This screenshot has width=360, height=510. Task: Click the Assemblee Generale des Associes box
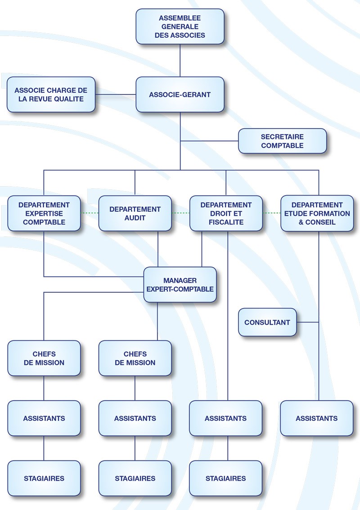180,27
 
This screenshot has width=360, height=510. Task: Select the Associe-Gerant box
180,94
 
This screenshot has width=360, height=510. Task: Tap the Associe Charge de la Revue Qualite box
51,94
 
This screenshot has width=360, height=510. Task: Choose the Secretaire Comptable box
282,141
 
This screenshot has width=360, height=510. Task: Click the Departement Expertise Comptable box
44,213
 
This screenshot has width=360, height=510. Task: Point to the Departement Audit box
135,213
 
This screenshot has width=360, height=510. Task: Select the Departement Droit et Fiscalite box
226,213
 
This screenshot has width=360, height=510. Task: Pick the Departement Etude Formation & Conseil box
317,213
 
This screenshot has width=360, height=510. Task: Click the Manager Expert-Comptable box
180,285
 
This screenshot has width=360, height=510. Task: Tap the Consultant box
267,322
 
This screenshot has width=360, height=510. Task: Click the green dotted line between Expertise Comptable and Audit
90,213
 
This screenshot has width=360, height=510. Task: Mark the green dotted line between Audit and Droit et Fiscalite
180,213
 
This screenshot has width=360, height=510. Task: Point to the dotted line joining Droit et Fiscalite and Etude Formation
271,213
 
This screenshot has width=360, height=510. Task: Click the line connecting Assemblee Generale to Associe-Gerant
180,60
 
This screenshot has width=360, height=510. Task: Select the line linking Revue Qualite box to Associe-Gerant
116,94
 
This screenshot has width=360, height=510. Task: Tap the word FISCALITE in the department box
226,222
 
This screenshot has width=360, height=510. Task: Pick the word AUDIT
135,218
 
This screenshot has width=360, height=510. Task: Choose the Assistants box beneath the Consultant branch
317,418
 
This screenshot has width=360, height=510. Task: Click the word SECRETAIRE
282,137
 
